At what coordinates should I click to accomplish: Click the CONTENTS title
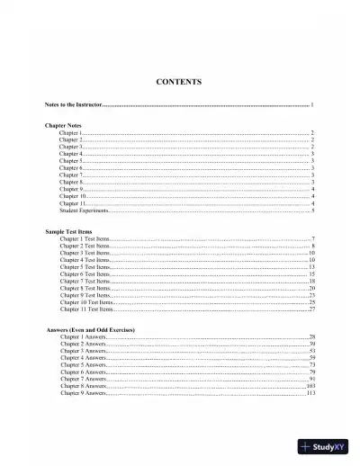[x=178, y=82]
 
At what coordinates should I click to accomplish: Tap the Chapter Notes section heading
[x=64, y=125]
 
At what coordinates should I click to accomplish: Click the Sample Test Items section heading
[x=68, y=231]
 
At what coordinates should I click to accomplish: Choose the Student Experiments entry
[x=84, y=211]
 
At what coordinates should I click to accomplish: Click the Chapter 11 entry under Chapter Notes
[x=71, y=203]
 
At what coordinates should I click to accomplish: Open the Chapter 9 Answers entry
[x=83, y=393]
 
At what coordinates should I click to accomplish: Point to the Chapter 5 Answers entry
[x=83, y=365]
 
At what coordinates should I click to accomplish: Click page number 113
[x=310, y=393]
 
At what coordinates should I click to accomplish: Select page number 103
[x=310, y=386]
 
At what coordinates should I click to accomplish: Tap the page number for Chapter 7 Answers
[x=311, y=379]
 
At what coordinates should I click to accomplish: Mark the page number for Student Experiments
[x=313, y=211]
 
